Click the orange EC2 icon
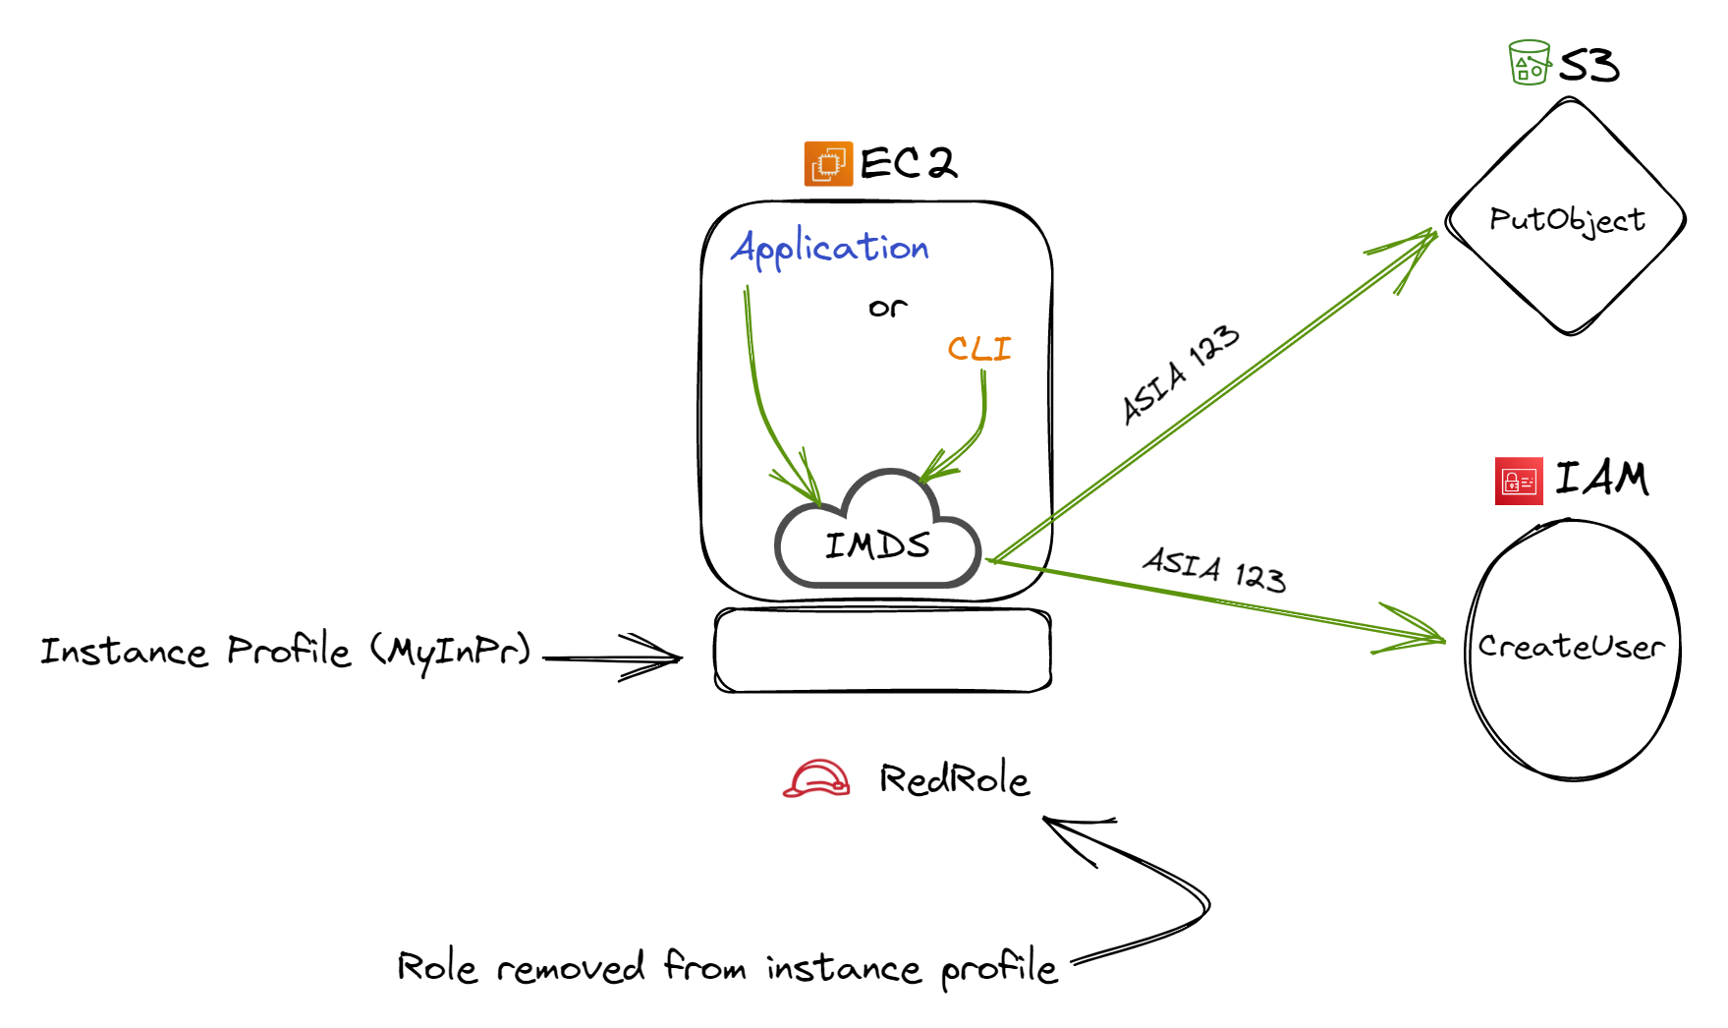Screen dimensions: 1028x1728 (828, 164)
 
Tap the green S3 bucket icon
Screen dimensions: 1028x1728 (1529, 63)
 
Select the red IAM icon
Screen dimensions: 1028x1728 (1519, 482)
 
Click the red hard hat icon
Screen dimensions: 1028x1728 (816, 778)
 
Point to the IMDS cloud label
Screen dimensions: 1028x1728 (877, 545)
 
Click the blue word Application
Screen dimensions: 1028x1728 (830, 248)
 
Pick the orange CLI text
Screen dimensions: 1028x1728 (978, 349)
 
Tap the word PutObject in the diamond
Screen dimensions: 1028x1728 (1567, 219)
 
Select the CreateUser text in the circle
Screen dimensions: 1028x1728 (1571, 646)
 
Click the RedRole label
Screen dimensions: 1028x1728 (954, 779)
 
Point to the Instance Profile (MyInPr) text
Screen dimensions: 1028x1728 (285, 651)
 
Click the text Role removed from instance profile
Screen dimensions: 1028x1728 (727, 968)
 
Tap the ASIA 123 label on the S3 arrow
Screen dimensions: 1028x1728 (1180, 374)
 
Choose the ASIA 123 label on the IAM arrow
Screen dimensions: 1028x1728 (1214, 569)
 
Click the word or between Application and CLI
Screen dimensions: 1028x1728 (887, 308)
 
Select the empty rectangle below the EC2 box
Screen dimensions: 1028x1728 (882, 651)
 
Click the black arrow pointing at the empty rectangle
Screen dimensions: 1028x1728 (613, 657)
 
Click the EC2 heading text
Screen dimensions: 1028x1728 (908, 163)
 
